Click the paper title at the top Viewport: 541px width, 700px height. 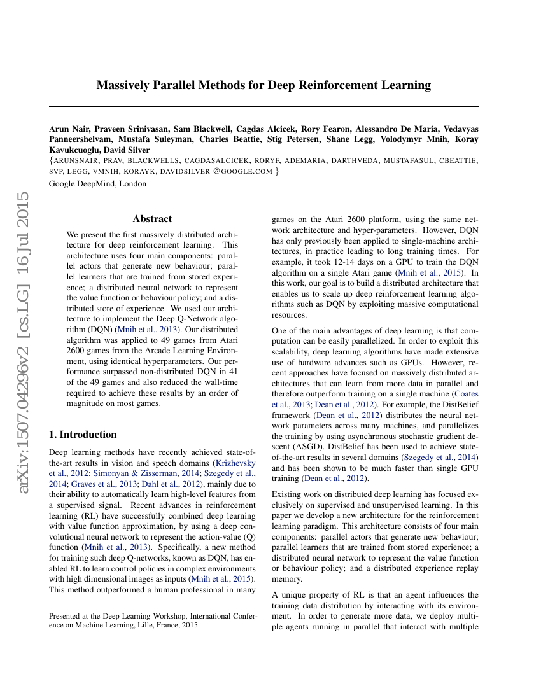263,85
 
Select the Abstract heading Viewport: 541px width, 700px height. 152,218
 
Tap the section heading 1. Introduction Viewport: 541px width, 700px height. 83,435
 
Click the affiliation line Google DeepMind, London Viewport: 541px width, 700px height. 97,184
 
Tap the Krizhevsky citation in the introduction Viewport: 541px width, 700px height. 234,463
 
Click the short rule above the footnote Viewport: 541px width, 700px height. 74,600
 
